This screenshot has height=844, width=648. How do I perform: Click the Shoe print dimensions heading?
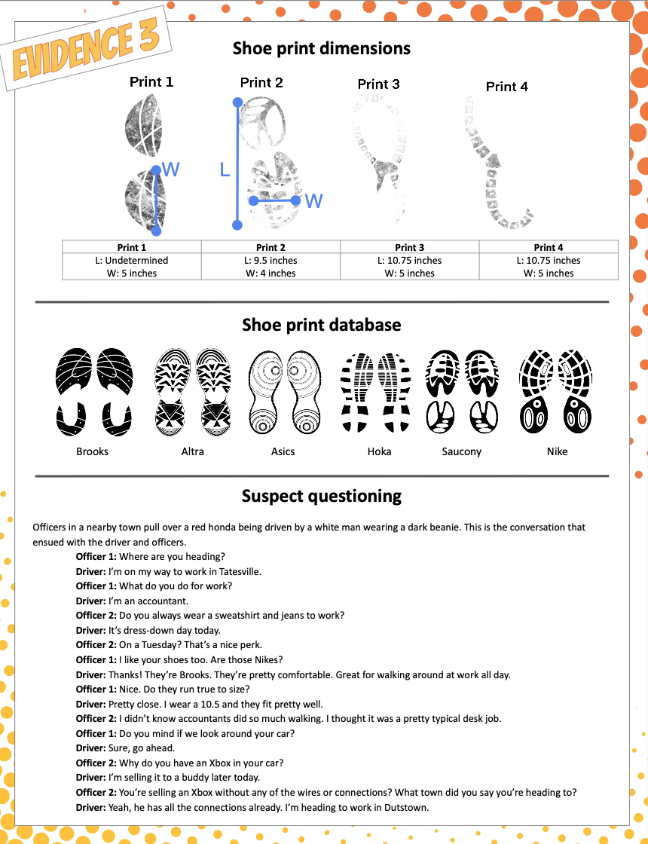pos(322,48)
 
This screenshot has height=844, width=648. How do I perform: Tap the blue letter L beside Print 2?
pos(225,170)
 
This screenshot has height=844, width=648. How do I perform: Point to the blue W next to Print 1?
pos(171,170)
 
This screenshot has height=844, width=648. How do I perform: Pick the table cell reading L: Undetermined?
pos(132,261)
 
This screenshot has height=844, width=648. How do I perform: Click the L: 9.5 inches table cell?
pos(271,261)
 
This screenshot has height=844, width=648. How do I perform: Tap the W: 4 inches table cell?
pos(271,274)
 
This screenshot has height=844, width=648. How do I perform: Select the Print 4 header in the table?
pos(549,247)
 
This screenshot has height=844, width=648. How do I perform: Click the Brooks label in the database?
pos(92,451)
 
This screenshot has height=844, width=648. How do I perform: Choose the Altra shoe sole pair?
pos(192,391)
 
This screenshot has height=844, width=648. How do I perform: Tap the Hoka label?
pos(379,451)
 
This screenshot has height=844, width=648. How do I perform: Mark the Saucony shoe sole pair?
pos(461,391)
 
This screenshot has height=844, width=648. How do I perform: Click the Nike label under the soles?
pos(557,451)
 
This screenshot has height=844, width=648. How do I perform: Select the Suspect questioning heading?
pos(322,496)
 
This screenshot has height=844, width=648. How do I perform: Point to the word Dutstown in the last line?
pos(407,807)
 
